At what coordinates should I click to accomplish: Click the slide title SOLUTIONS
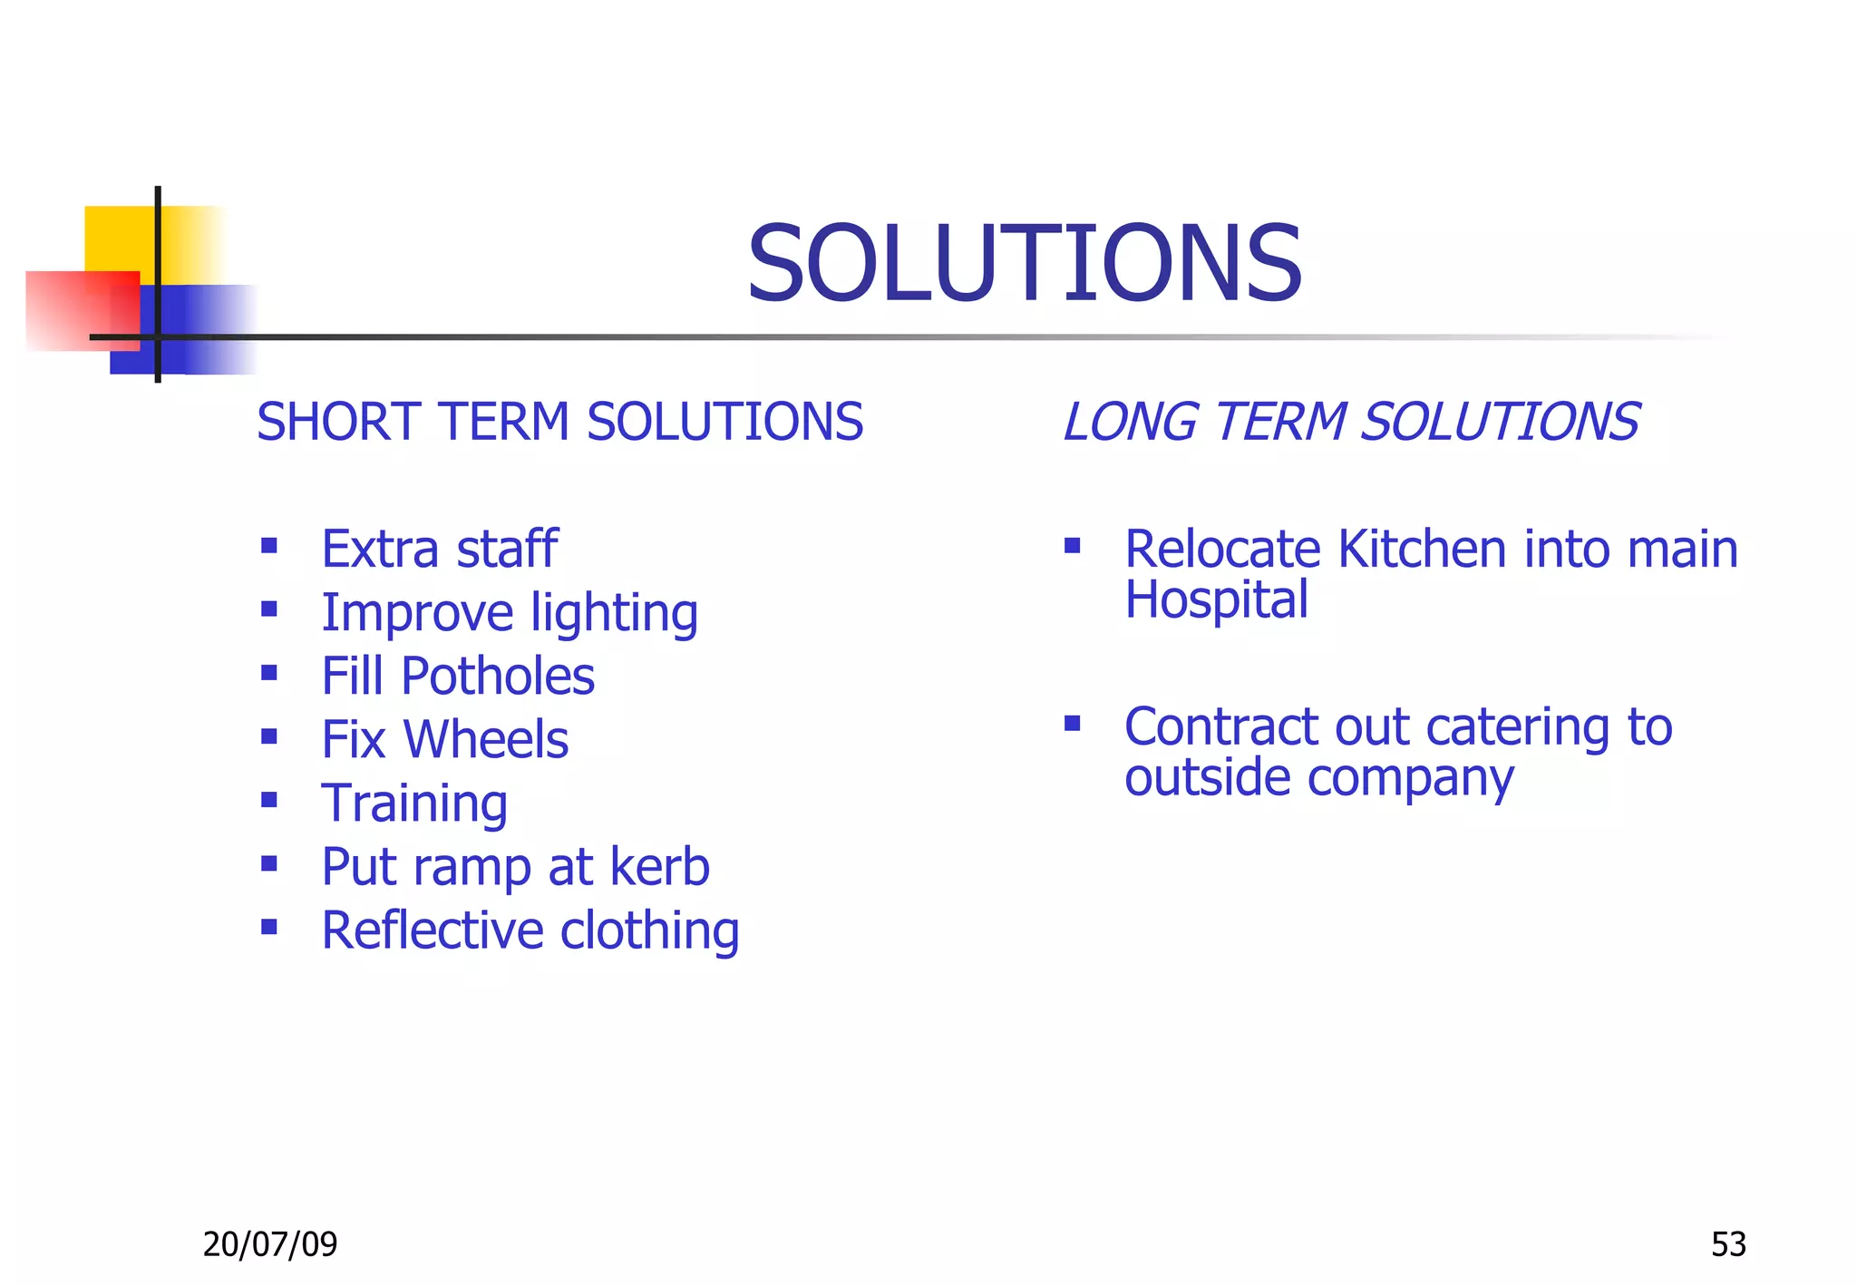pos(1024,264)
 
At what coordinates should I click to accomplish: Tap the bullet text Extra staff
pos(440,550)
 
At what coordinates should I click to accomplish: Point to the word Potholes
pos(498,677)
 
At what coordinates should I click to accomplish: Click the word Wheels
pos(486,740)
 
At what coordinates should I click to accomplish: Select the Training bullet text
pos(414,804)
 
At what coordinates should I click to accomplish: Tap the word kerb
pos(659,867)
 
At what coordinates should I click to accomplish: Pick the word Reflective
pos(433,930)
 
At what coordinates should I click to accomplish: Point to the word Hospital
pos(1216,600)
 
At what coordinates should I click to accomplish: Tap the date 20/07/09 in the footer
pos(270,1244)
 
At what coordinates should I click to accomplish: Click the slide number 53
pos(1728,1244)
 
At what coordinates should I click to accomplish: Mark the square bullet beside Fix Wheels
pos(269,736)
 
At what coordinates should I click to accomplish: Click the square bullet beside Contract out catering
pos(1073,723)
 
